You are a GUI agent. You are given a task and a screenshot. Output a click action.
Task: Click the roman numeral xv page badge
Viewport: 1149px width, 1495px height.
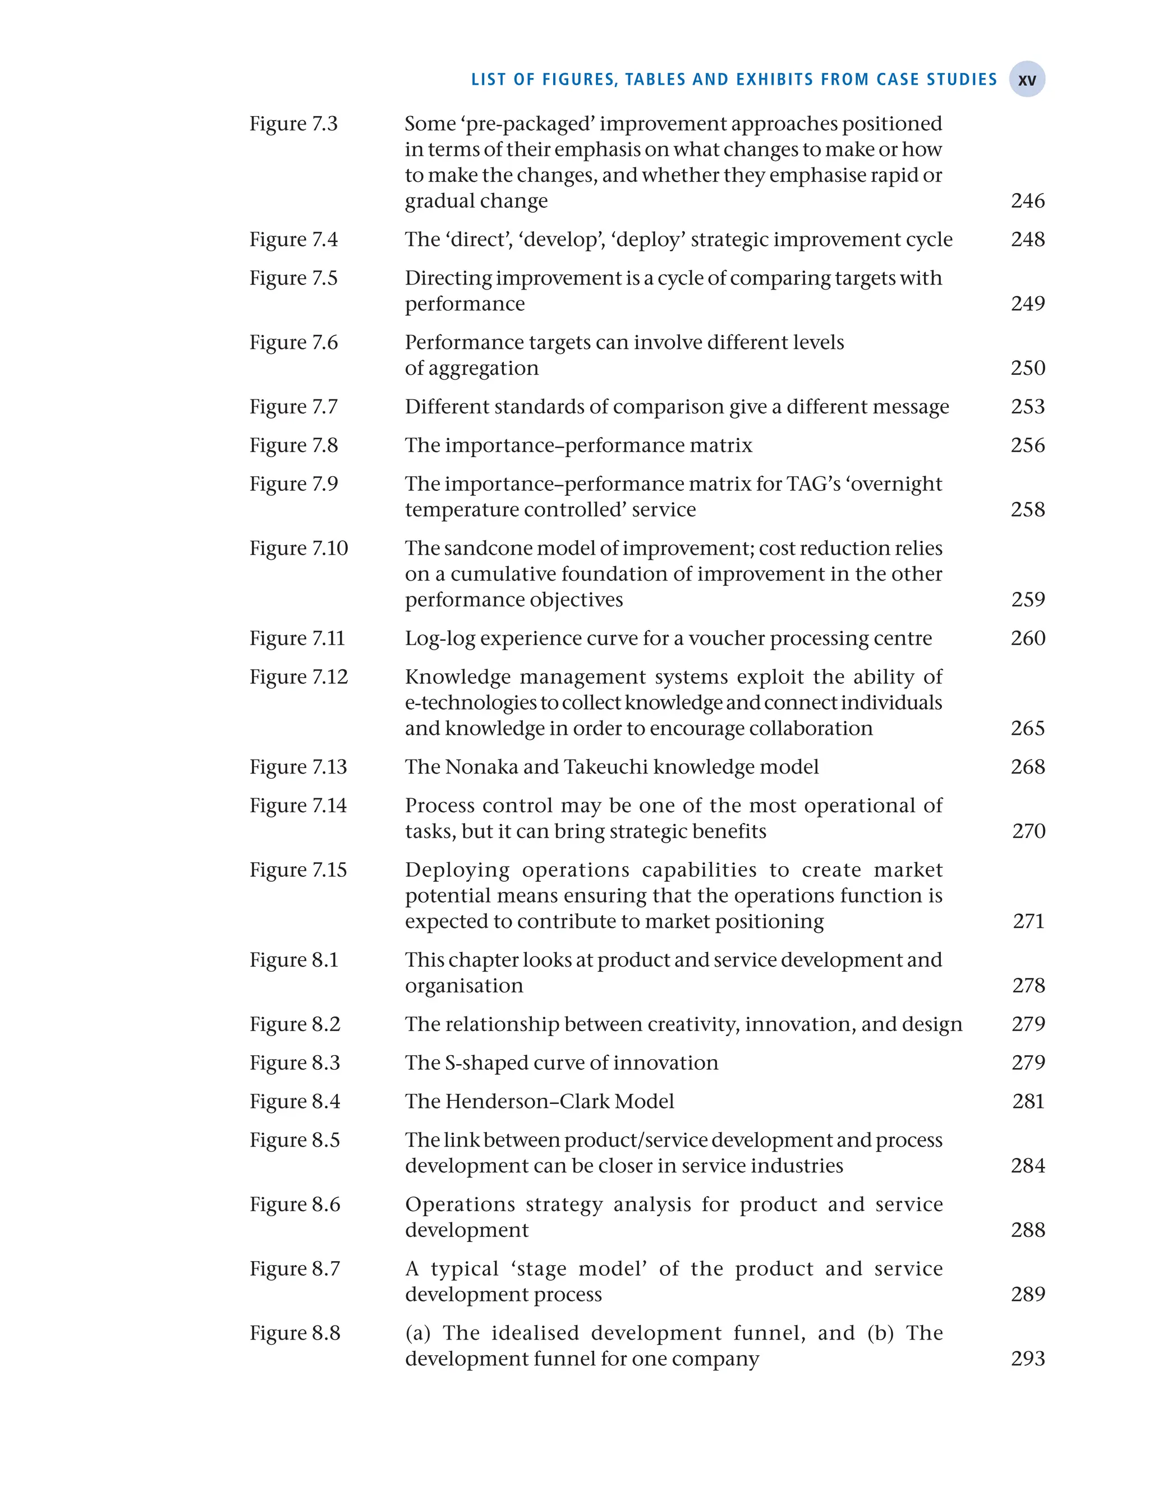(x=1027, y=80)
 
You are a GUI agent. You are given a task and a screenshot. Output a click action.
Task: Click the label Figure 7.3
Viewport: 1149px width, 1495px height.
(x=293, y=124)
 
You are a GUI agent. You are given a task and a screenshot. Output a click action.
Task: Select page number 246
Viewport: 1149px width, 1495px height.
(x=1027, y=201)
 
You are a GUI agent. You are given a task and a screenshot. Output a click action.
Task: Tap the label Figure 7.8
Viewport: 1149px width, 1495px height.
(x=293, y=445)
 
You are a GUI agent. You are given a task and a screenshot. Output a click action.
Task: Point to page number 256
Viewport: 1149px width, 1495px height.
(x=1027, y=445)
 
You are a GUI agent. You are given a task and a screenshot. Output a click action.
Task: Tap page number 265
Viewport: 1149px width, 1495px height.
(x=1027, y=728)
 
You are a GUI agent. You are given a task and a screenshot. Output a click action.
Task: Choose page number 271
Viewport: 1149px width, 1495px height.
(x=1028, y=921)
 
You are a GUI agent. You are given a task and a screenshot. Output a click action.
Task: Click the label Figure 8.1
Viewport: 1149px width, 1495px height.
(x=293, y=960)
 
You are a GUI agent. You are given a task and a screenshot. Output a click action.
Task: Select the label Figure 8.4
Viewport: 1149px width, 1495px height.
(x=294, y=1101)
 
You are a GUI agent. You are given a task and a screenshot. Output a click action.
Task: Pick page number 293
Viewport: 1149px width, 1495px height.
(x=1027, y=1358)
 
